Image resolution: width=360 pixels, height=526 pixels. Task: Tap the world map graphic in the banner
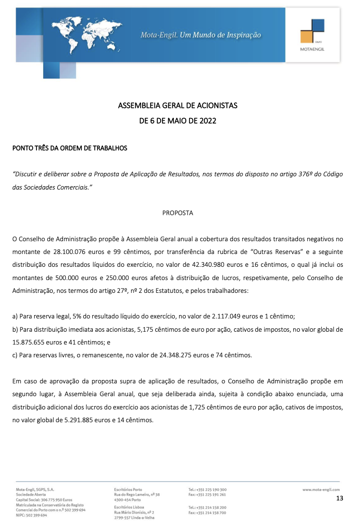pyautogui.click(x=88, y=33)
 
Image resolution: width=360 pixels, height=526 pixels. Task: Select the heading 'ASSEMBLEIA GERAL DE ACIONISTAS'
pyautogui.click(x=178, y=105)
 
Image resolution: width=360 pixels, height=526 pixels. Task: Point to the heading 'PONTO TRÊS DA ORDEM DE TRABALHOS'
pyautogui.click(x=70, y=148)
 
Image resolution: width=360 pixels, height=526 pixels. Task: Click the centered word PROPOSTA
pyautogui.click(x=178, y=213)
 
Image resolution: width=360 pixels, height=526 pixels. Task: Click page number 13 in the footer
pyautogui.click(x=339, y=498)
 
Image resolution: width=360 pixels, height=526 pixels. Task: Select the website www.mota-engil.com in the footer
pyautogui.click(x=321, y=490)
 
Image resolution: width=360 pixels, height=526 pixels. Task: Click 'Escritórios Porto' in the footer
pyautogui.click(x=128, y=490)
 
